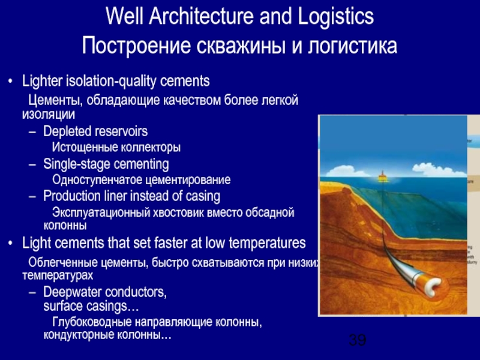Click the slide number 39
coord(357,341)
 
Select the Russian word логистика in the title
coord(352,46)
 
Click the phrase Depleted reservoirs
coord(95,131)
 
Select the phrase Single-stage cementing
coord(106,164)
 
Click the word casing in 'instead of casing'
coord(202,196)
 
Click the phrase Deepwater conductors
coord(105,292)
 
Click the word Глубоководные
coord(94,323)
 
